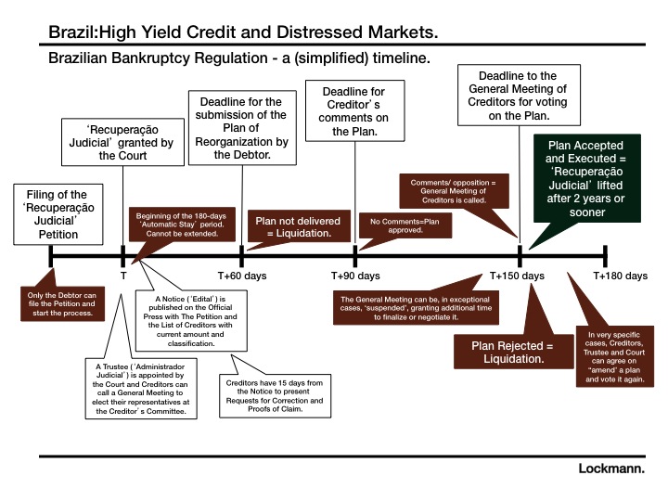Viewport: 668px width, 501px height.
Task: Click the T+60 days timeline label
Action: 242,276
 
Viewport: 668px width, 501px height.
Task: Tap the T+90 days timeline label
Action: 355,276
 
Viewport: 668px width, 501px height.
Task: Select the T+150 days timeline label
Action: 518,276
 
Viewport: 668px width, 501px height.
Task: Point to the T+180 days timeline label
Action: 620,276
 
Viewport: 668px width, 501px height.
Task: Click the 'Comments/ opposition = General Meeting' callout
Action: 455,191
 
